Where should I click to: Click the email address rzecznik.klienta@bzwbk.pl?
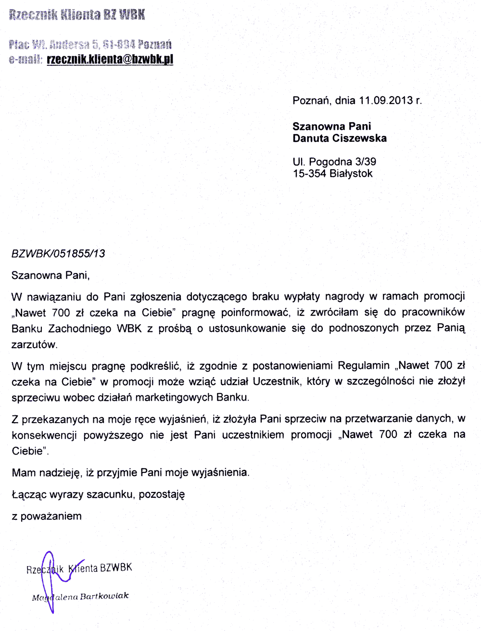(x=110, y=59)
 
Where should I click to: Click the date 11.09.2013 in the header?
(x=386, y=101)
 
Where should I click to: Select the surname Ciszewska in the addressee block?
(x=360, y=138)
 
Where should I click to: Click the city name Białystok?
(x=351, y=174)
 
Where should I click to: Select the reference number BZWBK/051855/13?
(x=58, y=253)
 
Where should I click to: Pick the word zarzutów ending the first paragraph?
(x=34, y=344)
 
